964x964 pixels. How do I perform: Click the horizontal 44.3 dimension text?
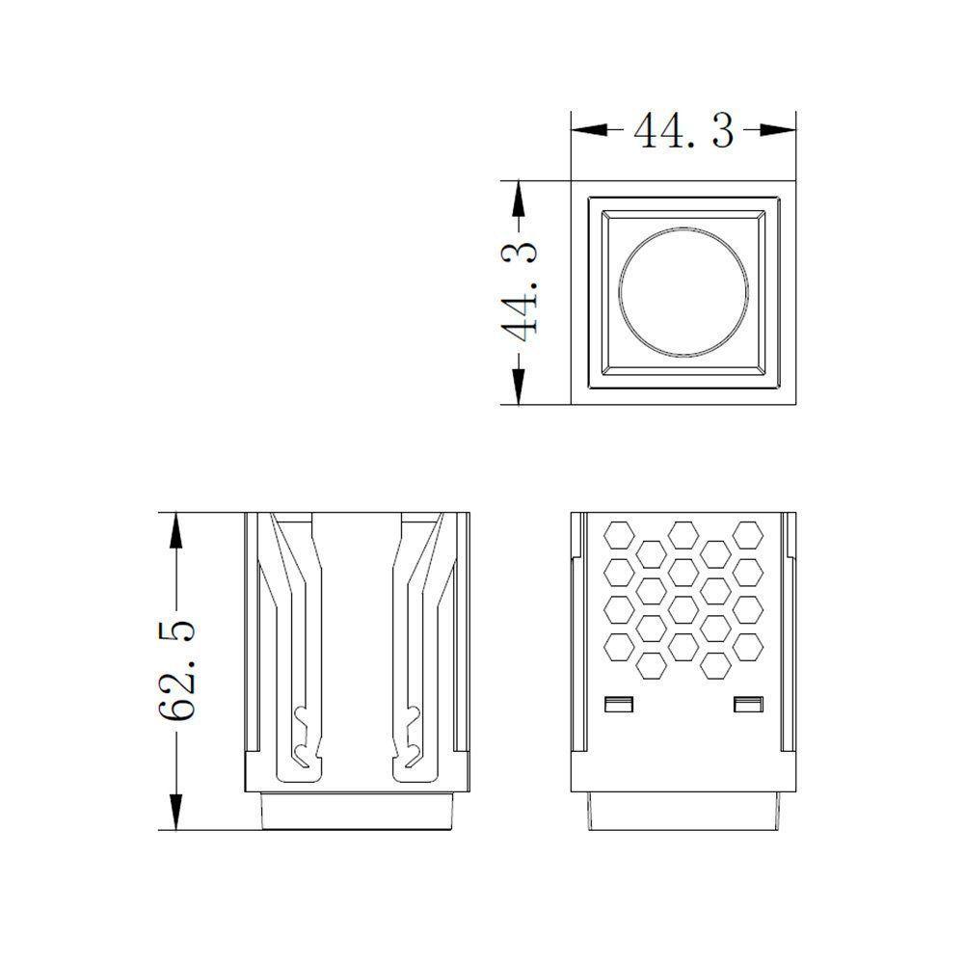tap(683, 131)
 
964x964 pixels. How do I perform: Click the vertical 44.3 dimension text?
tap(520, 291)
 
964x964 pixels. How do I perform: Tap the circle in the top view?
tap(683, 291)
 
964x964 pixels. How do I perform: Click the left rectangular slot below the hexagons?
tap(619, 704)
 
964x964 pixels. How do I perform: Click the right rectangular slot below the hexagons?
tap(748, 704)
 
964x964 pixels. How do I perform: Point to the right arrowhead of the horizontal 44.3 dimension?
tap(778, 130)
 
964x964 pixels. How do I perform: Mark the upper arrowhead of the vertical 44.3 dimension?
tap(520, 199)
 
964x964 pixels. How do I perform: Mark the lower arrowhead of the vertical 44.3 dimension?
tap(520, 387)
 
